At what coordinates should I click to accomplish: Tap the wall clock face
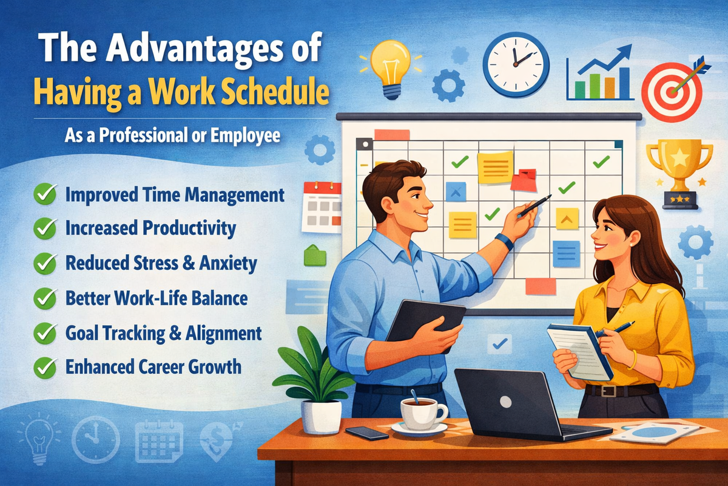(516, 64)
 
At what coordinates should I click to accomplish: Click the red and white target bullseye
(671, 92)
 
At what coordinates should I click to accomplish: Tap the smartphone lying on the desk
(367, 433)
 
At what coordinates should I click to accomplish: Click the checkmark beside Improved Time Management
(44, 196)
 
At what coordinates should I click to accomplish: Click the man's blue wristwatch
(504, 241)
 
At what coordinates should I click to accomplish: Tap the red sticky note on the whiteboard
(523, 181)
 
